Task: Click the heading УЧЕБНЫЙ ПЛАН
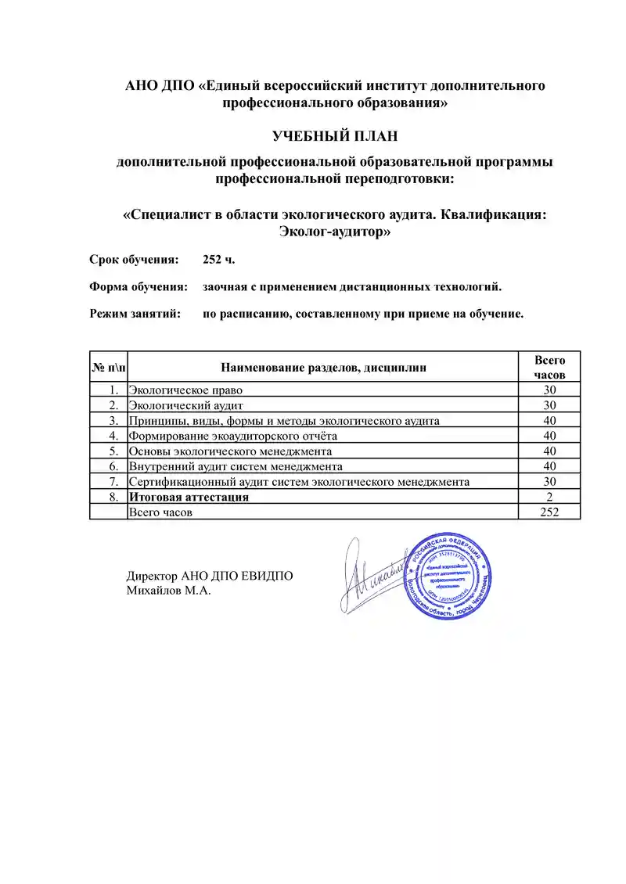[x=335, y=136]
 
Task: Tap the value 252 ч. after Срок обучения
[x=218, y=259]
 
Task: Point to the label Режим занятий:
[x=135, y=314]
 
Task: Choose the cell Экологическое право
[x=185, y=390]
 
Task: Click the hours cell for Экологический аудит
[x=549, y=405]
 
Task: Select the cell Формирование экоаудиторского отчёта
[x=233, y=436]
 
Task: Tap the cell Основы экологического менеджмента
[x=230, y=451]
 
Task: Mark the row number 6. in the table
[x=113, y=466]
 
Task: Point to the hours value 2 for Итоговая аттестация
[x=549, y=497]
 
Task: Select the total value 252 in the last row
[x=549, y=512]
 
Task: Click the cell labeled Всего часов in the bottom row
[x=160, y=512]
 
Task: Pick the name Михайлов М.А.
[x=169, y=591]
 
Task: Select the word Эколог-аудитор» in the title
[x=334, y=232]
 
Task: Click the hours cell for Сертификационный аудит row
[x=549, y=482]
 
